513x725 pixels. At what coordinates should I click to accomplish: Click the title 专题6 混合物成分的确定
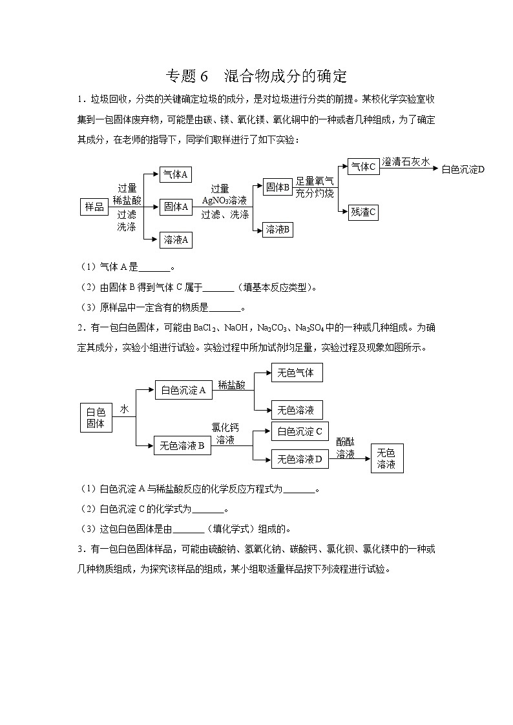pos(256,76)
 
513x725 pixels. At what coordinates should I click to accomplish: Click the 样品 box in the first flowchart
pos(94,207)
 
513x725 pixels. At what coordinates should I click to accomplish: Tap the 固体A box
pos(176,207)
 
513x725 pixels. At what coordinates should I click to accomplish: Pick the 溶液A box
pos(176,240)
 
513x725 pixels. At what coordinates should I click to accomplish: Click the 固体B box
pos(278,187)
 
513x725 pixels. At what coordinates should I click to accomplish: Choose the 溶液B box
pos(278,229)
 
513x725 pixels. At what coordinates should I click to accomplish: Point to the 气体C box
pos(362,167)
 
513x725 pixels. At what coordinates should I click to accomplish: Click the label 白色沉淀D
pos(463,169)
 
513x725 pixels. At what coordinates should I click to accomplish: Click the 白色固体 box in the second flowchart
pos(95,417)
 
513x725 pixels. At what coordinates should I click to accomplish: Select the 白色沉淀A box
pos(183,390)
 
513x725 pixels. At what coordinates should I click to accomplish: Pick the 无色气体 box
pos(296,373)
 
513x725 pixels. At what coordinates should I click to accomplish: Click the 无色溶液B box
pos(182,445)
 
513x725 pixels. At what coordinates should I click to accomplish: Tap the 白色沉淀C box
pos(299,431)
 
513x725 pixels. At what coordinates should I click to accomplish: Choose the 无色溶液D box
pos(299,459)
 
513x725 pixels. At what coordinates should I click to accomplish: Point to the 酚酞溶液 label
pos(346,447)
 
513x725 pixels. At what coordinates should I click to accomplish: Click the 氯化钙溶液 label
pos(225,433)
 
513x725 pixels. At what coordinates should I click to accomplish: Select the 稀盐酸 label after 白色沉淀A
pos(231,385)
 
